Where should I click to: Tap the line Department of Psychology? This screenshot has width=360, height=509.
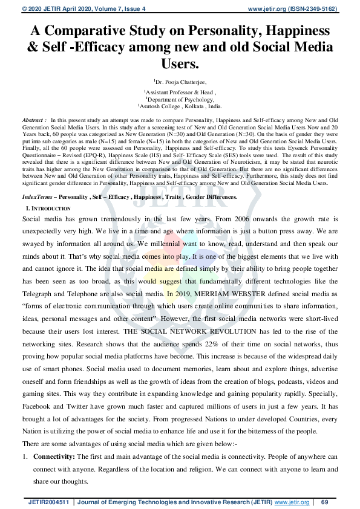tap(180, 99)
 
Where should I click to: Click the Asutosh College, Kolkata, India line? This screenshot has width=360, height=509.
tap(180, 106)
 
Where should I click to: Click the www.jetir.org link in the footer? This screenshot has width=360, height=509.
tap(292, 502)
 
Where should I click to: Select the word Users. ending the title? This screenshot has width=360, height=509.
tap(180, 63)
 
